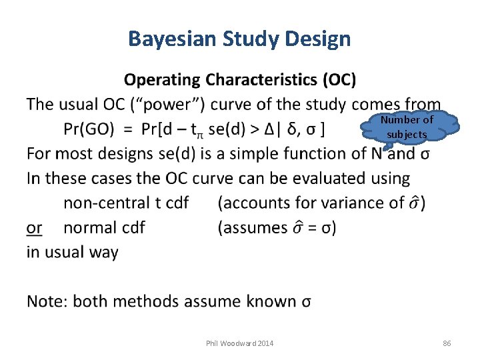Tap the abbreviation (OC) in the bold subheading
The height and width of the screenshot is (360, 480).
[x=339, y=80]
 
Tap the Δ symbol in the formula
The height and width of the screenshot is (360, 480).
[x=273, y=129]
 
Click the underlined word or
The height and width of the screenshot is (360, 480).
[x=35, y=227]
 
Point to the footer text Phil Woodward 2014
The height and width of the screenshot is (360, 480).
[x=240, y=343]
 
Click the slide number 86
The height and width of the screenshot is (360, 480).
[x=447, y=343]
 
